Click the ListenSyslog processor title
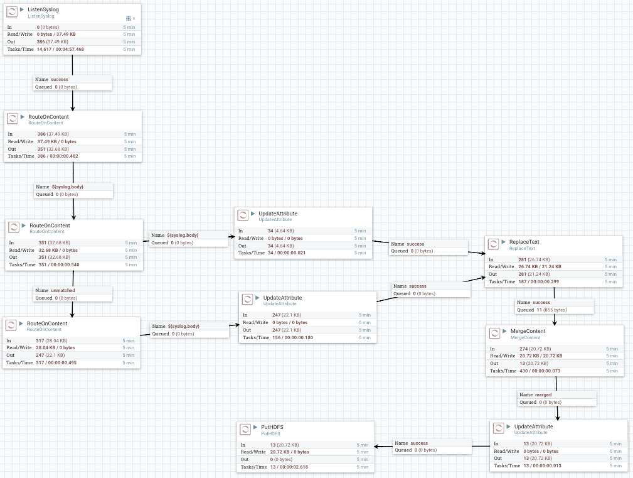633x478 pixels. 44,10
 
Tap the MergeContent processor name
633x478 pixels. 527,331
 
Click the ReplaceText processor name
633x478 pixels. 524,242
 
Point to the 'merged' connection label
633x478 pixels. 543,394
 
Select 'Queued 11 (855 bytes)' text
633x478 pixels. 541,310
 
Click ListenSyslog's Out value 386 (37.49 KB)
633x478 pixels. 52,41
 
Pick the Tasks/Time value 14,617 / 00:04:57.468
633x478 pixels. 60,49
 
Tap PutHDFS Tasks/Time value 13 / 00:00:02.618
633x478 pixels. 291,467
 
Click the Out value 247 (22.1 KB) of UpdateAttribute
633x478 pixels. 286,330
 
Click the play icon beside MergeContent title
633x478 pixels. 504,331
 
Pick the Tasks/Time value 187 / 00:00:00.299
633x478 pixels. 539,281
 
